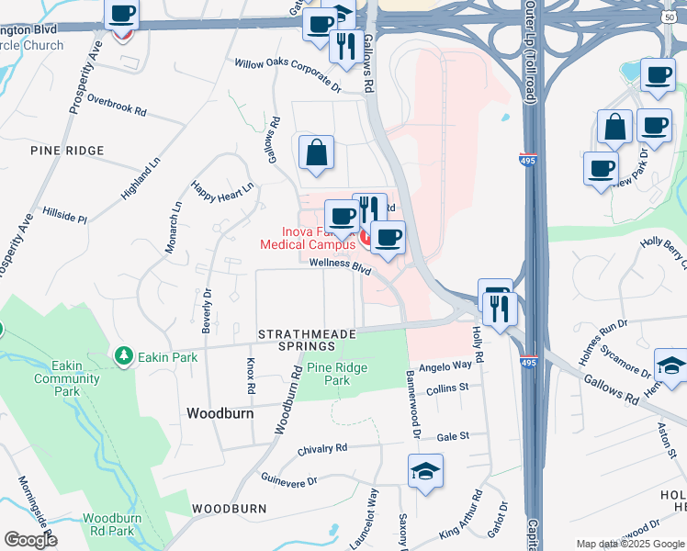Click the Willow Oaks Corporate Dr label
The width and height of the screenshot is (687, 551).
[287, 76]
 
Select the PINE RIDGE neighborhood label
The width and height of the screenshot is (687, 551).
[67, 150]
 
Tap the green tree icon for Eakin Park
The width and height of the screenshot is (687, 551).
[123, 354]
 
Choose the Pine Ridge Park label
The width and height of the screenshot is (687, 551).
[329, 373]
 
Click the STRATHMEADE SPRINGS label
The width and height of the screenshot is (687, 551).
[296, 340]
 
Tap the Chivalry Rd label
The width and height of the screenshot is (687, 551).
[322, 449]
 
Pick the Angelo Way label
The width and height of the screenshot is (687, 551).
[445, 365]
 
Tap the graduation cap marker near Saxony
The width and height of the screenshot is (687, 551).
[426, 470]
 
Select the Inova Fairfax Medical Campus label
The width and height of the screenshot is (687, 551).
[307, 238]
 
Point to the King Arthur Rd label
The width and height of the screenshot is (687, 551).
[461, 519]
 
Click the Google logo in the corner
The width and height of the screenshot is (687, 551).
[30, 540]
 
